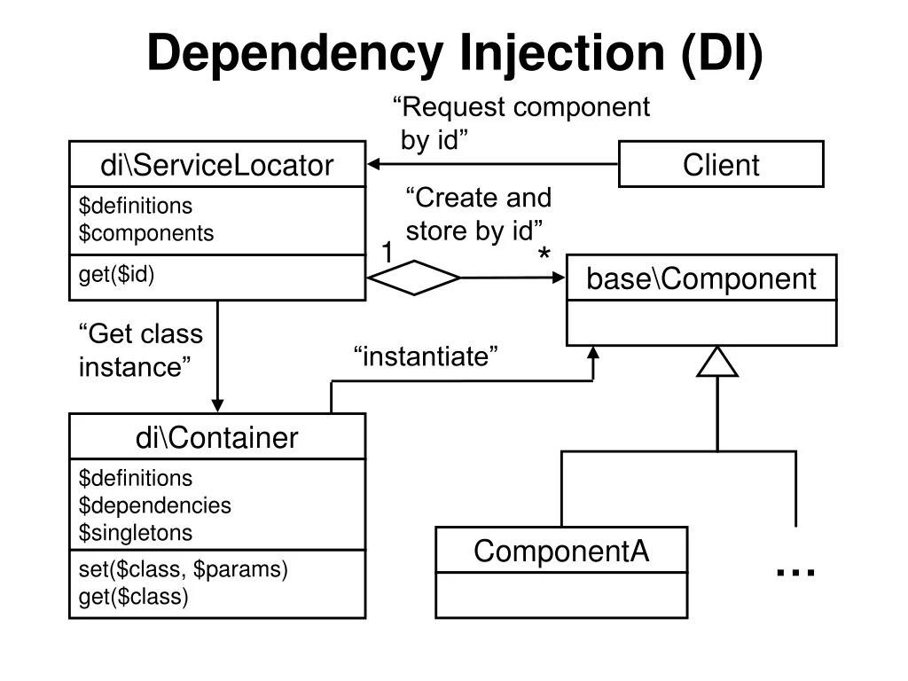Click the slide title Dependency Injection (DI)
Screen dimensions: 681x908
pos(454,53)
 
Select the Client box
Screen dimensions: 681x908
pos(721,165)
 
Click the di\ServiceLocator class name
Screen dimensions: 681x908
pos(217,165)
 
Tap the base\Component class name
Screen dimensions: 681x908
pos(701,278)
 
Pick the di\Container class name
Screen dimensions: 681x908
pos(217,437)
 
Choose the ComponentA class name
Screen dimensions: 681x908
pos(561,551)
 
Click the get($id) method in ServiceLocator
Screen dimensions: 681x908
pos(117,275)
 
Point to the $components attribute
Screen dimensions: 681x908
pos(146,233)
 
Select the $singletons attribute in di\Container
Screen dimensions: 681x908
pos(136,533)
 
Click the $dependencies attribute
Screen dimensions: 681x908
pos(155,505)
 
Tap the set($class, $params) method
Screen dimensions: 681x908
pos(184,569)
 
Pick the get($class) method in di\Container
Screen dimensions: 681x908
pos(134,597)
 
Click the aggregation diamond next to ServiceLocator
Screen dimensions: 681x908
pos(414,278)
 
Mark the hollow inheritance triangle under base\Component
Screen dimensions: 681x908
pos(717,362)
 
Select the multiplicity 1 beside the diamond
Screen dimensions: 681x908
pos(387,254)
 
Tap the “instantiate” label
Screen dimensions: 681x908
pos(426,357)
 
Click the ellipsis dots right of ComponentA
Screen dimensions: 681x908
pos(795,573)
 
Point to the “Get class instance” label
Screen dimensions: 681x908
pos(141,350)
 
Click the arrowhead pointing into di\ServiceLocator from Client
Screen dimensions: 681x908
pos(374,164)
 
